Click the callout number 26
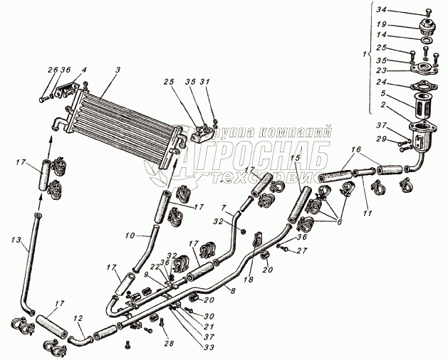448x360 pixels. [x=51, y=69]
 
